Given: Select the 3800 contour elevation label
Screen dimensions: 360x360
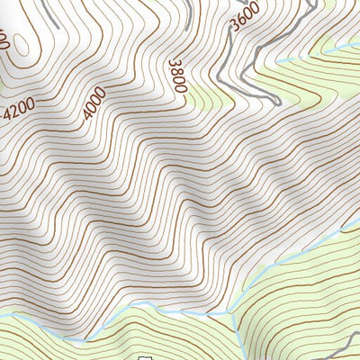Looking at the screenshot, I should (176, 75).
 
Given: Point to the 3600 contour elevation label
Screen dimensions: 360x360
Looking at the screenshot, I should (244, 17).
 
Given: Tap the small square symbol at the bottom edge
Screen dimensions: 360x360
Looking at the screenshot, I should (142, 356).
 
